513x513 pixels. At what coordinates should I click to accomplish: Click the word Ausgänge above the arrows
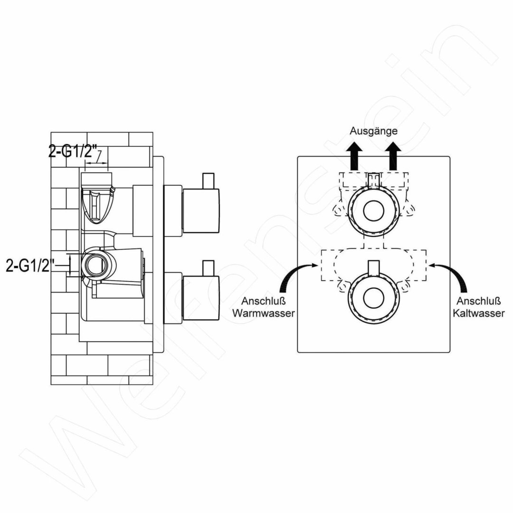tap(373, 131)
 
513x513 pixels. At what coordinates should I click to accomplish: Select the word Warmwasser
tap(263, 313)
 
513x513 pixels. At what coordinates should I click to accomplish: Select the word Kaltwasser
tap(479, 313)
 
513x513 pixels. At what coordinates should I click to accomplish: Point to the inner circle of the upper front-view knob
tap(373, 210)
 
